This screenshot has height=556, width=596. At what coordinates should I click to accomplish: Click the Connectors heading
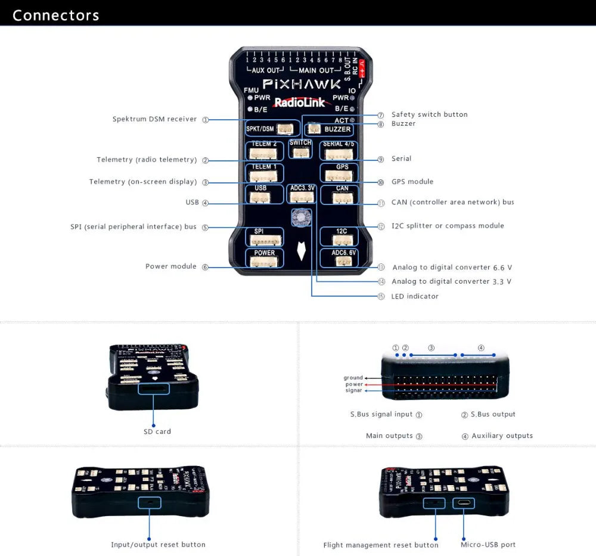(55, 15)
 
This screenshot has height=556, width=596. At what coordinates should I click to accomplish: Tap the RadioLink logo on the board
(299, 102)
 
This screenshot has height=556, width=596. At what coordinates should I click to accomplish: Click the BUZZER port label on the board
(337, 129)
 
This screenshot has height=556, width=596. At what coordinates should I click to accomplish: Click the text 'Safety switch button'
(429, 114)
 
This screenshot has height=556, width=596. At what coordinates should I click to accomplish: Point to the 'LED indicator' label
(414, 296)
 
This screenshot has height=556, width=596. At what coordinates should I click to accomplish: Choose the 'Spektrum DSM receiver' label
(154, 119)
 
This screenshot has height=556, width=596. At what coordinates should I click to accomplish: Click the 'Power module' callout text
(170, 266)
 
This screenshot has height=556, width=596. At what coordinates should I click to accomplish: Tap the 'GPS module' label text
(412, 182)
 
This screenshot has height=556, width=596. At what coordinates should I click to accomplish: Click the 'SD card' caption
(157, 431)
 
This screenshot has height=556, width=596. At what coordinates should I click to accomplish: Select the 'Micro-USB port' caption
(488, 544)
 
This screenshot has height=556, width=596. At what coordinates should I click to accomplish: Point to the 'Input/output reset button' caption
(158, 545)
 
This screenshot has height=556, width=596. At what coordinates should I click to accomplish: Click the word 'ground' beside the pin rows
(353, 378)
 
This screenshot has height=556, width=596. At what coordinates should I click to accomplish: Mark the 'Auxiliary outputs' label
(502, 436)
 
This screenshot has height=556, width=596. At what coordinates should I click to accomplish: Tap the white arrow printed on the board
(302, 251)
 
